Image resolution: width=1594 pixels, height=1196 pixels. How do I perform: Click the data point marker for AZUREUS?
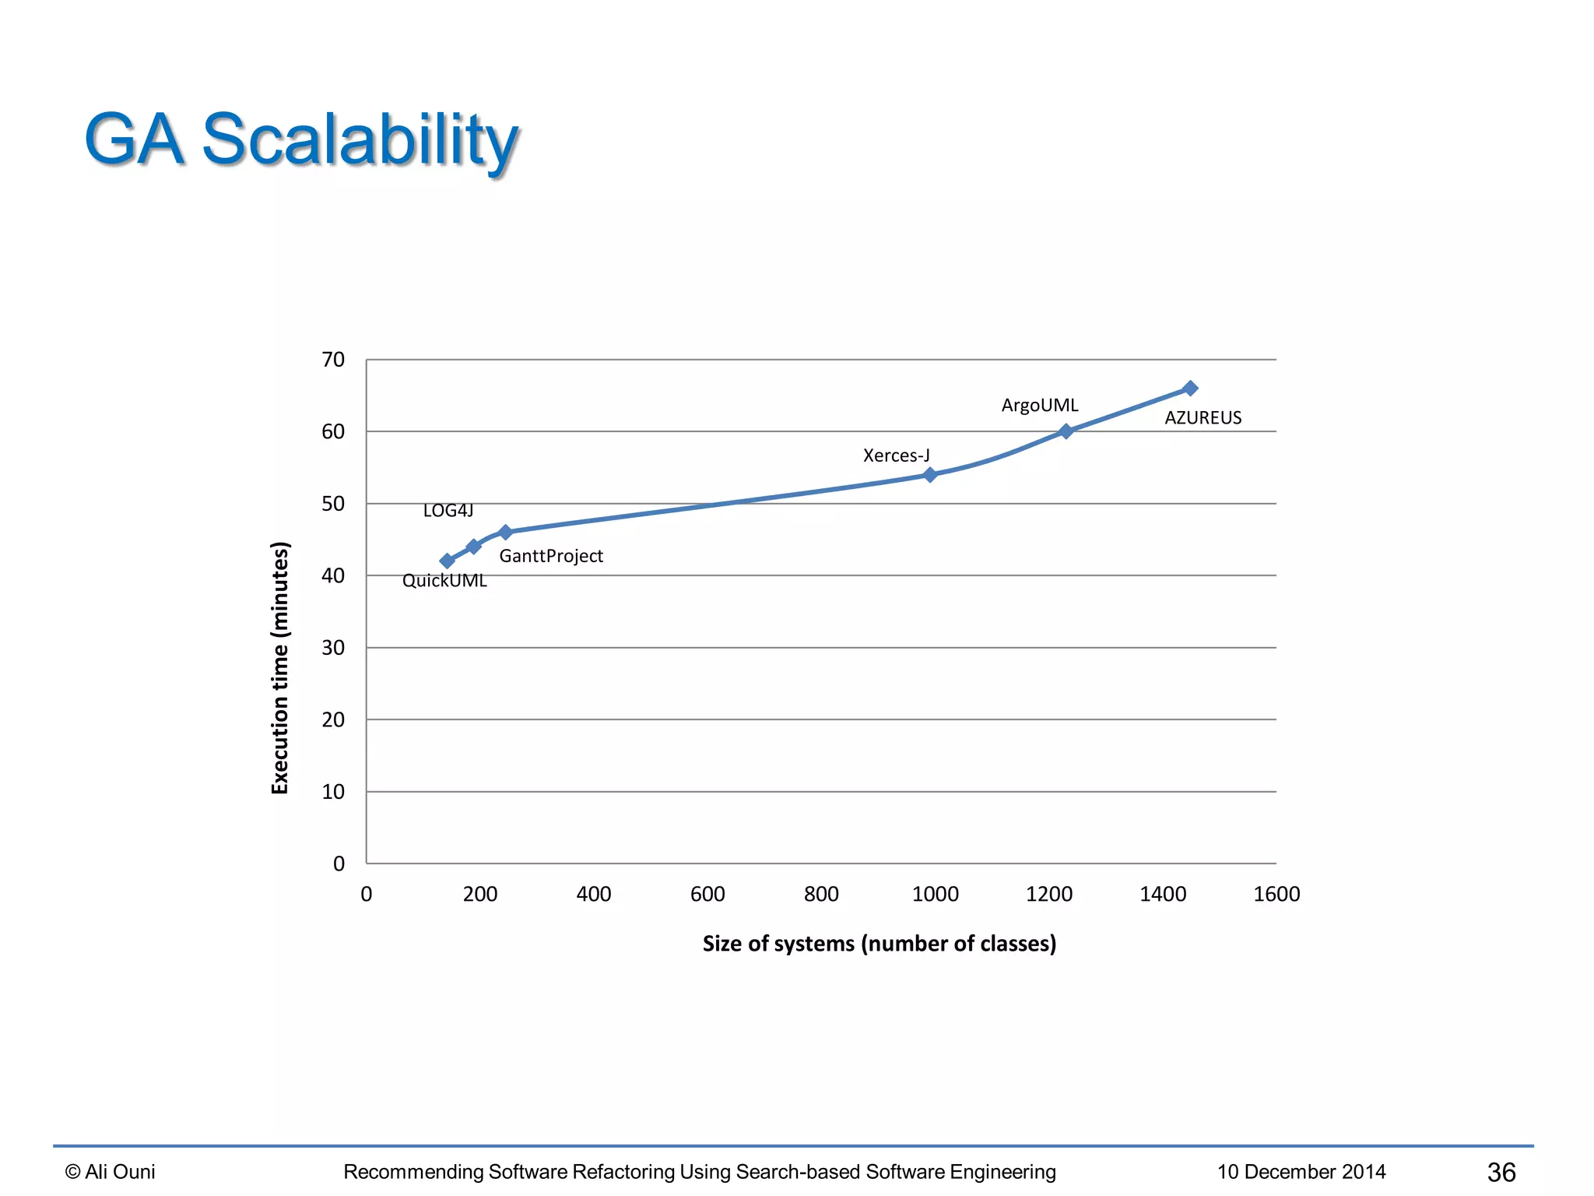click(x=1189, y=388)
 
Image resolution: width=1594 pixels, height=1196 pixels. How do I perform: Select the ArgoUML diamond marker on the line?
click(x=1066, y=431)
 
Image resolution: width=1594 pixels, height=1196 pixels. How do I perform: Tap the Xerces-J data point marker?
click(x=929, y=474)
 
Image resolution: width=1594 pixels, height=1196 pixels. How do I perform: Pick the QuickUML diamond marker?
click(x=447, y=561)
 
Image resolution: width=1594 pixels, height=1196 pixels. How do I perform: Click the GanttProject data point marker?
click(x=505, y=532)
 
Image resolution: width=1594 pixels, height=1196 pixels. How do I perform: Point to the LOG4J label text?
click(x=448, y=510)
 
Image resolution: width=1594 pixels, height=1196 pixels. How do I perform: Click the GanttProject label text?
click(x=551, y=556)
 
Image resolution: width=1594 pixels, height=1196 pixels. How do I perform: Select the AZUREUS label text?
click(x=1203, y=417)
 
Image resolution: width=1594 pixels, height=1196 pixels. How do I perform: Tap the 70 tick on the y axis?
click(x=333, y=360)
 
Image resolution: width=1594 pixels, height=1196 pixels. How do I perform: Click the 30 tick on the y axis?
click(x=333, y=648)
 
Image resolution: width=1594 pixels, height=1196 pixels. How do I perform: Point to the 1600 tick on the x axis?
click(x=1276, y=894)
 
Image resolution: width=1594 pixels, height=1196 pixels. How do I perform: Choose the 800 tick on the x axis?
click(x=821, y=894)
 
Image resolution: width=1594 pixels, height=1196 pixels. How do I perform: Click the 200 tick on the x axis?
click(x=480, y=894)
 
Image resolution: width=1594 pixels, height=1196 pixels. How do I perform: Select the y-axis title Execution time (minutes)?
click(x=280, y=667)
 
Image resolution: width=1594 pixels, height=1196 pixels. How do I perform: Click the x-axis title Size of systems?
click(x=879, y=944)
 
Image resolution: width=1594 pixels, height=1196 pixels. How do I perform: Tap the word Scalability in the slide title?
click(x=360, y=140)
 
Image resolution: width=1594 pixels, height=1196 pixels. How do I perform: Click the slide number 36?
click(x=1501, y=1172)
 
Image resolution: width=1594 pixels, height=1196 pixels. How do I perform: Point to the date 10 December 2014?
click(x=1301, y=1172)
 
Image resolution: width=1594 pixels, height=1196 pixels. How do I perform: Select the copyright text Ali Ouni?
click(x=111, y=1172)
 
